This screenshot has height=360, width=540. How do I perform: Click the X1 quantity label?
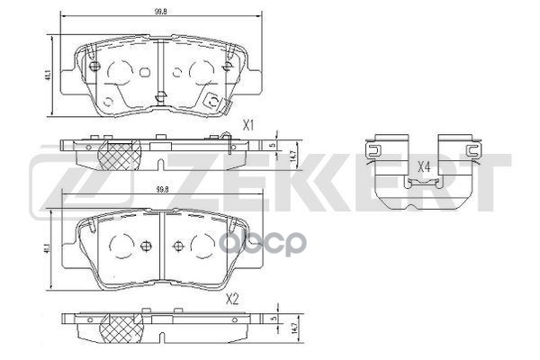click(250, 125)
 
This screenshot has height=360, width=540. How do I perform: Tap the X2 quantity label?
click(231, 298)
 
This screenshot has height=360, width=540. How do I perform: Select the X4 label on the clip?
click(425, 166)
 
